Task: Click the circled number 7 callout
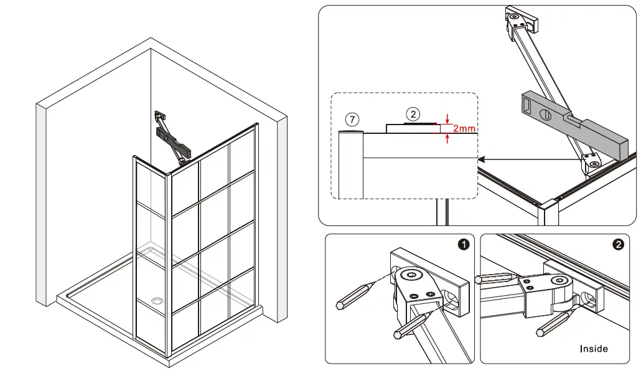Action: pyautogui.click(x=353, y=119)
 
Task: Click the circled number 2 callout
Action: pyautogui.click(x=413, y=114)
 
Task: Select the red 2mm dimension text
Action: pyautogui.click(x=464, y=129)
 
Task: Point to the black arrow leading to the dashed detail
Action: pyautogui.click(x=529, y=160)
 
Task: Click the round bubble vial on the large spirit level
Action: pyautogui.click(x=545, y=114)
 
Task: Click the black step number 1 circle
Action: pyautogui.click(x=463, y=245)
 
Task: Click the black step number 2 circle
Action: pyautogui.click(x=618, y=245)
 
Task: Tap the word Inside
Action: pyautogui.click(x=594, y=349)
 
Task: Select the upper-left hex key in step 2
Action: pyautogui.click(x=494, y=279)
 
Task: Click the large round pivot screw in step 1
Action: pyautogui.click(x=411, y=275)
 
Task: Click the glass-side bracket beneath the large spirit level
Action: pyautogui.click(x=592, y=163)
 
